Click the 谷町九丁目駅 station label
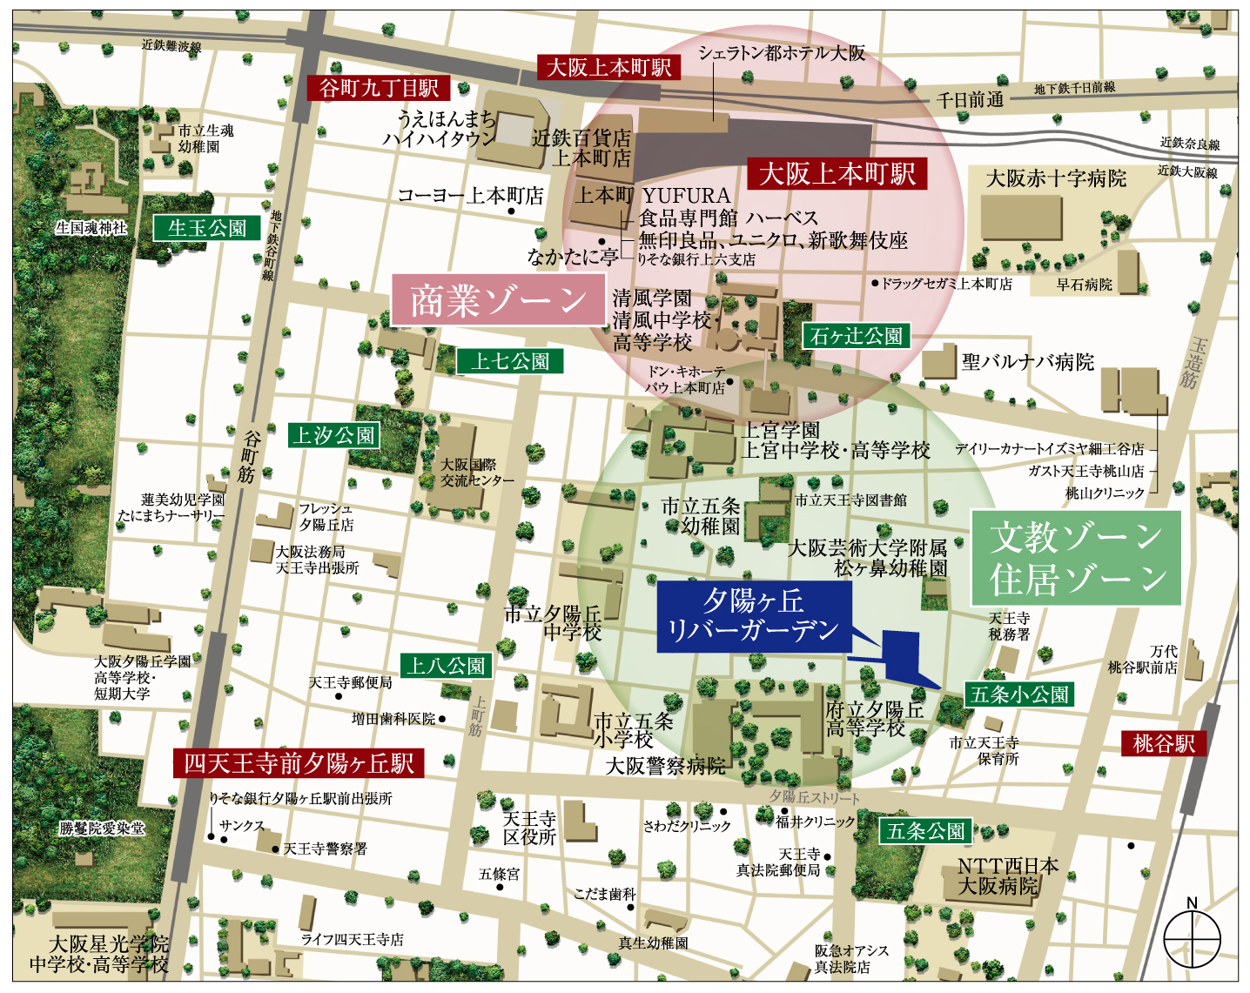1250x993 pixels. (x=379, y=88)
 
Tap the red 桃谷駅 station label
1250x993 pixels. (x=1164, y=743)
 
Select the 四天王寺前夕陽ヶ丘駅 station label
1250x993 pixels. (x=299, y=763)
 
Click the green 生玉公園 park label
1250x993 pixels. (x=206, y=228)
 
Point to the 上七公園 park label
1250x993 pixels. (x=510, y=361)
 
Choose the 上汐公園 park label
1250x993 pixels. (x=333, y=435)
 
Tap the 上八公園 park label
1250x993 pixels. (x=447, y=666)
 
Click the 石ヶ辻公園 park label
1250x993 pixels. (x=856, y=336)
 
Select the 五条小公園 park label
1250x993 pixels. (x=1019, y=694)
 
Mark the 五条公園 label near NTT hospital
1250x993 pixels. (x=925, y=831)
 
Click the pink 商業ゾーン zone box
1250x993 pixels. (x=498, y=300)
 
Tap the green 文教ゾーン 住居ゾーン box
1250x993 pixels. (x=1077, y=558)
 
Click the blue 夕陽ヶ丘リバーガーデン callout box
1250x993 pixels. (x=754, y=616)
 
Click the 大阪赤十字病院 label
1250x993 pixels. (x=1056, y=178)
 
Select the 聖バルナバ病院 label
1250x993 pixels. (x=1028, y=362)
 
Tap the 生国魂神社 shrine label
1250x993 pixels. (x=91, y=228)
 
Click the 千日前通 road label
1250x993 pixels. (x=970, y=100)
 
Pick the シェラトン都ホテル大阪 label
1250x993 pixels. (x=782, y=53)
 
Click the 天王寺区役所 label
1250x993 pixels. (x=529, y=828)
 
